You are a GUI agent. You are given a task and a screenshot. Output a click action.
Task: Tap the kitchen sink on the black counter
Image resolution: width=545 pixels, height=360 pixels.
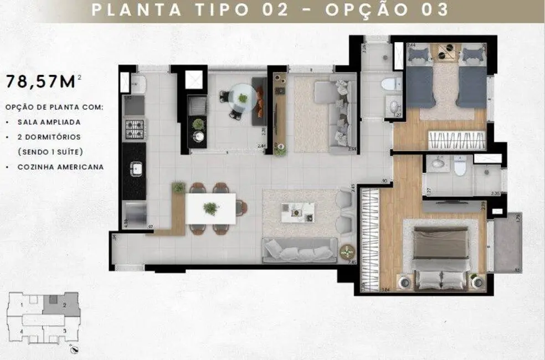tap(135, 168)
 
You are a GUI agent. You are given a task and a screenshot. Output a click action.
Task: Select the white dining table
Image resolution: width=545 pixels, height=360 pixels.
tap(210, 208)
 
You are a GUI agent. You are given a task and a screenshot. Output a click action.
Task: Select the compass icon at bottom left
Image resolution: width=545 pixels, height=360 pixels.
tap(75, 348)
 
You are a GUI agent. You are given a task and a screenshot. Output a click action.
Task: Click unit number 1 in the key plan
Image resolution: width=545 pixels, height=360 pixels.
tap(21, 305)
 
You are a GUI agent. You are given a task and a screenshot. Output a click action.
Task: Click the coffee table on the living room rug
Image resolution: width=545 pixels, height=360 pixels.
tap(297, 212)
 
